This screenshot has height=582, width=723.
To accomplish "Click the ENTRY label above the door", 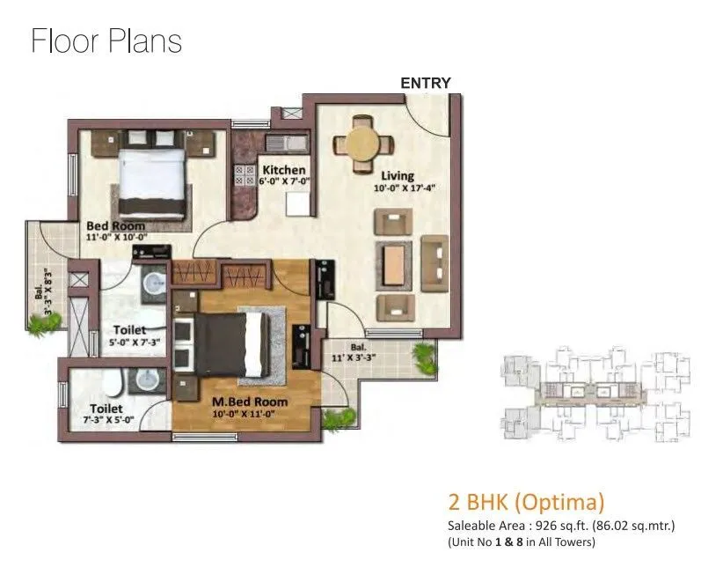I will (426, 83).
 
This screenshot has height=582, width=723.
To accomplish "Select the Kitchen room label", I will (284, 170).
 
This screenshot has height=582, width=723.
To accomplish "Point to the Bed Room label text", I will (115, 226).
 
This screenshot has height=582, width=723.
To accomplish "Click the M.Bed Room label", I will (251, 402).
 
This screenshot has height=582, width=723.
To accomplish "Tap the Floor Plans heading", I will (106, 41).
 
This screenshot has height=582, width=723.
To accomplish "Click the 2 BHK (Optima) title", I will (526, 503).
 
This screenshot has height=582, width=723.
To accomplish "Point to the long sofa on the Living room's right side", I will (435, 262).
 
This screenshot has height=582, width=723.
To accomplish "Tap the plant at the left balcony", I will (40, 328).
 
